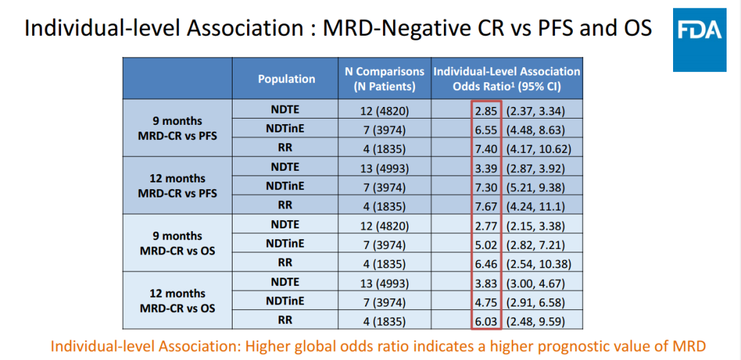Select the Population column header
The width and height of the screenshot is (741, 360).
click(286, 79)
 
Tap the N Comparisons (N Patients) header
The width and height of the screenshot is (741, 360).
click(384, 79)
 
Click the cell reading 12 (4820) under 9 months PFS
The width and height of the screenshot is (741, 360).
click(384, 110)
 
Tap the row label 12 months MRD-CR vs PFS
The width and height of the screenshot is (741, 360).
click(177, 186)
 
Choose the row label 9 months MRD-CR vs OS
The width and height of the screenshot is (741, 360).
click(177, 243)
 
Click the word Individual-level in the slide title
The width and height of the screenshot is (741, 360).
click(91, 28)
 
